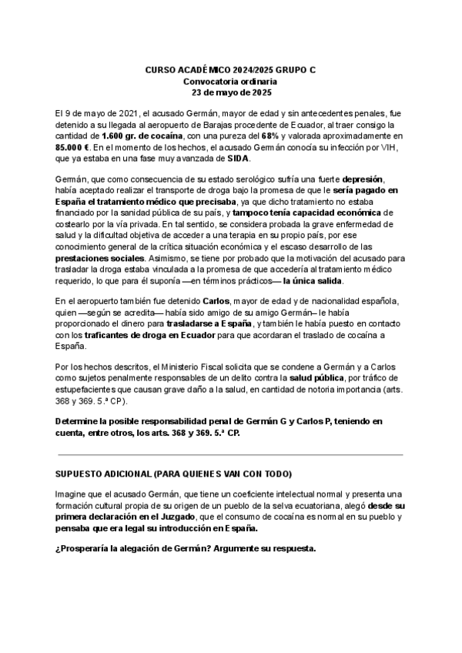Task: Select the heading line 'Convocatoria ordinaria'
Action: [x=230, y=81]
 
